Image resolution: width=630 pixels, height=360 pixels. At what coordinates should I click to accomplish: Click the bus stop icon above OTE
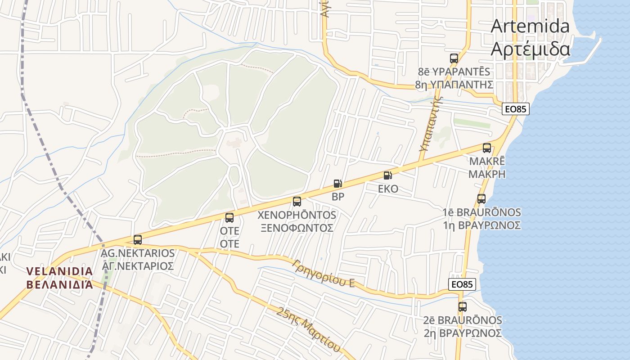pos(229,218)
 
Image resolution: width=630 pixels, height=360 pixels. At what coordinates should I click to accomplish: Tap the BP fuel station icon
pos(337,184)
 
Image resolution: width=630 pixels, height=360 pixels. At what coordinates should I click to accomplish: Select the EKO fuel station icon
pos(388,175)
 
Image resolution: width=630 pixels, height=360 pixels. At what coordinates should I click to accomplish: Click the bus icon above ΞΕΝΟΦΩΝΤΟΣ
pos(297,202)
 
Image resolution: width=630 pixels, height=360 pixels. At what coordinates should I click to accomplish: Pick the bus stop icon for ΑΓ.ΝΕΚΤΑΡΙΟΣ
pos(138,240)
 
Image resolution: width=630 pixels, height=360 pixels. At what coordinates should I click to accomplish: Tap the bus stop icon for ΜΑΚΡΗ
pos(487,148)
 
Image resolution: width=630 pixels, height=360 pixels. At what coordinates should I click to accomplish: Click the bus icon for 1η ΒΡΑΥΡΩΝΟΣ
pos(481,198)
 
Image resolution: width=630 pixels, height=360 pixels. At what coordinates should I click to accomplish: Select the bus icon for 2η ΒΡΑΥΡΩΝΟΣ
pos(463,307)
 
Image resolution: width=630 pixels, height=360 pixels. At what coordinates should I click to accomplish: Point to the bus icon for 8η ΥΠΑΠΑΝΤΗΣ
pos(454,58)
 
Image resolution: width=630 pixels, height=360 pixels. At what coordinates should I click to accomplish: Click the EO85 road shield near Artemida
pos(516,109)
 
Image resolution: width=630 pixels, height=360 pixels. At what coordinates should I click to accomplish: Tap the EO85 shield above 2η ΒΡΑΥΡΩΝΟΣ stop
pos(462,284)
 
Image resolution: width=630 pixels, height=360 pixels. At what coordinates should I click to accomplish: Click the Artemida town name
pos(530,26)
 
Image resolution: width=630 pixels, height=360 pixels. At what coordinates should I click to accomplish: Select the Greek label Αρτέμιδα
pos(530,49)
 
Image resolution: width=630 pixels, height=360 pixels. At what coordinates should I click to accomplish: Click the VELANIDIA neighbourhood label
pos(59,271)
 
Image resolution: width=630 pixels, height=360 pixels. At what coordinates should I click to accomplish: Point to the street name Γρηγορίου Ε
pos(324,274)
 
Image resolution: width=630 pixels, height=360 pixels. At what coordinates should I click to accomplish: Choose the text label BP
pos(338,197)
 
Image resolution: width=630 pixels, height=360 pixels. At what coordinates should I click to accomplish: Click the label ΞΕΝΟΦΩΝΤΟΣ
pos(297,228)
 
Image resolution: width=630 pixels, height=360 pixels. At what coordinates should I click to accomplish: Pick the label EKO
pos(388,189)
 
